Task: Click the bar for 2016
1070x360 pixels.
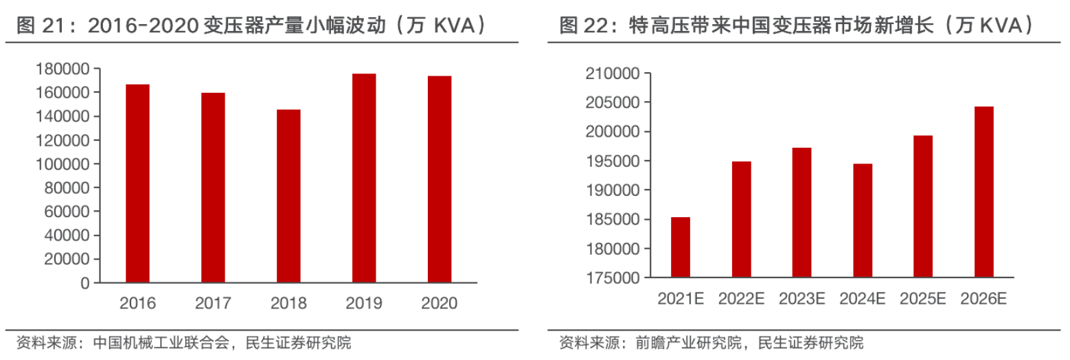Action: coord(137,183)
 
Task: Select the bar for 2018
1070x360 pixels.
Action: coord(288,196)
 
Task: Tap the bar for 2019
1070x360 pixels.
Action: coord(364,178)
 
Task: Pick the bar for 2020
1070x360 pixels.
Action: coord(440,179)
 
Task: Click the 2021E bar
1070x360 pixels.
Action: coord(681,247)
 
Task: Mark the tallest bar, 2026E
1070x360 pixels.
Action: coord(983,192)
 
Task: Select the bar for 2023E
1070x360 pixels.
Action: coord(801,212)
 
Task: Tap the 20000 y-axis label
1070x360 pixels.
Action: coord(69,259)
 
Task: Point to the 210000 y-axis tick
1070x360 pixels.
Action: coord(612,73)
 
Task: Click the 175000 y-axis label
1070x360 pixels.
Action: coord(612,278)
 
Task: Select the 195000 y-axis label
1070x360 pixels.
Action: coord(612,161)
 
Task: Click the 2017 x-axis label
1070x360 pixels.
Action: coord(213,303)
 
